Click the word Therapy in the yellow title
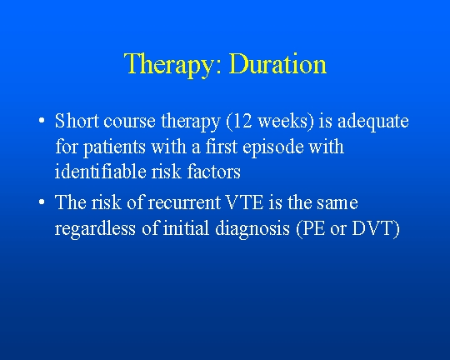[x=172, y=65]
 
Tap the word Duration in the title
[x=277, y=63]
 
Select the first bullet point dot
[x=42, y=120]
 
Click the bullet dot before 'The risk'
[x=42, y=202]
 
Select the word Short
[x=77, y=121]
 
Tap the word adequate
[x=373, y=122]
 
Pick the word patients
[x=114, y=147]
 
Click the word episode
[x=273, y=147]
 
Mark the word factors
[x=214, y=172]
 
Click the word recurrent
[x=184, y=202]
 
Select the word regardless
[x=95, y=229]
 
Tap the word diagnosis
[x=252, y=229]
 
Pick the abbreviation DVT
[x=372, y=228]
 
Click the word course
[x=129, y=122]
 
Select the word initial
[x=186, y=228]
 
